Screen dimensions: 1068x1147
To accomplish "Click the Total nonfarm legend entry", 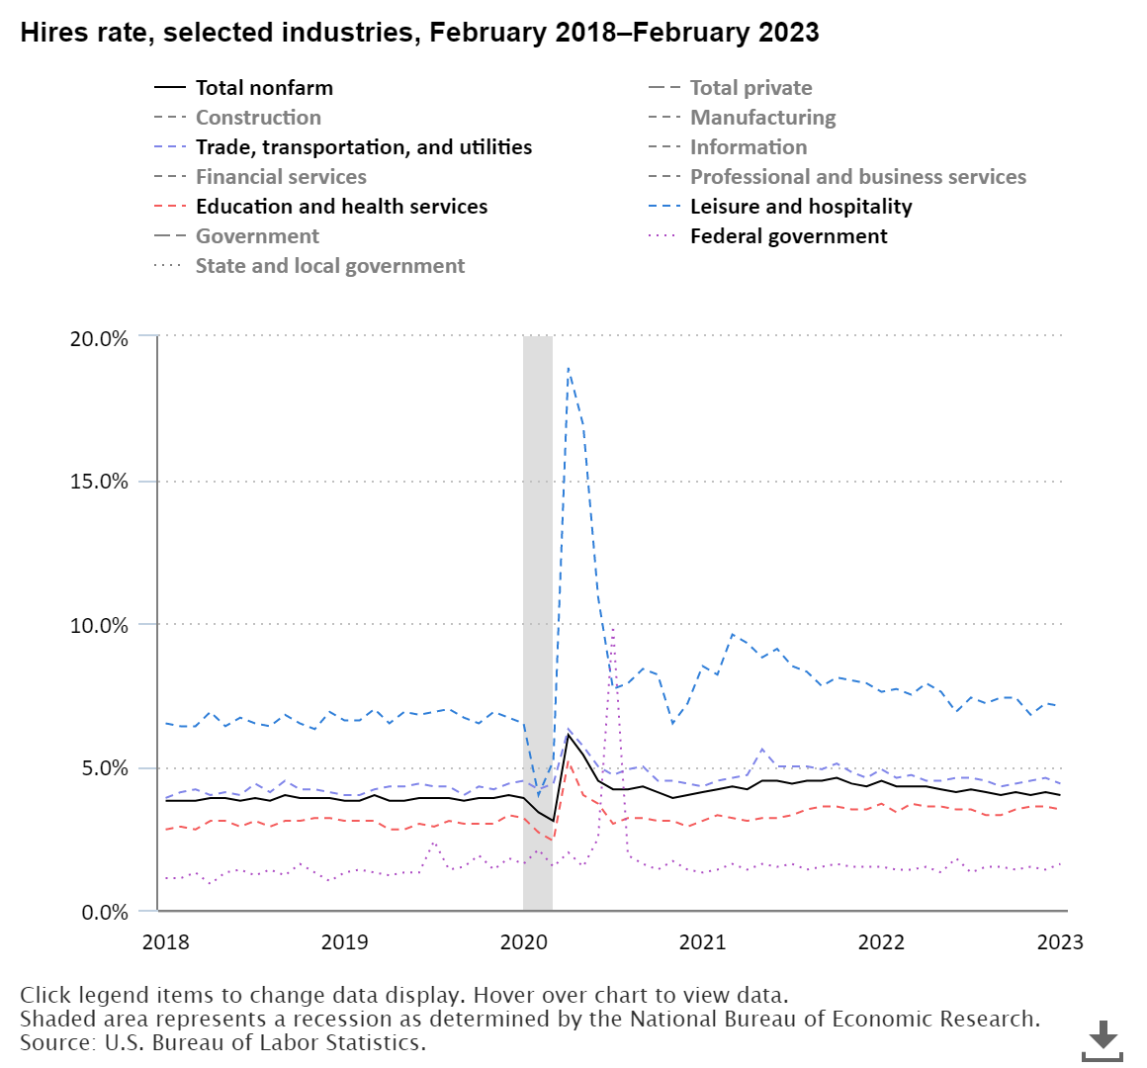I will pos(264,88).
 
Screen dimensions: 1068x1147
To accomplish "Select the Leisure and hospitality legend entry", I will pos(800,207).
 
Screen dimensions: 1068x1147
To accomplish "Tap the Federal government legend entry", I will pos(788,236).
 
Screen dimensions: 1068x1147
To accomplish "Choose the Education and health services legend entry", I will pos(341,207).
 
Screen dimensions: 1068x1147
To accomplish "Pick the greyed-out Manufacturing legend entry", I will pos(762,118).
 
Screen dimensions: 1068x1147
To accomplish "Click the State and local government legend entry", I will pos(329,266).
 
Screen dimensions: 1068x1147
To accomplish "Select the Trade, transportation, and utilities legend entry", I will pos(363,147).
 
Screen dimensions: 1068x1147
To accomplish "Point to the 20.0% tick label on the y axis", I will pos(99,338).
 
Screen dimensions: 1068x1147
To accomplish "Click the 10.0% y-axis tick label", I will pos(99,625).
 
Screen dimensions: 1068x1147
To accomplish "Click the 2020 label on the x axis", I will pos(524,941).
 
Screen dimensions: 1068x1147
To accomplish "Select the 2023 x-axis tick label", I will pos(1060,941).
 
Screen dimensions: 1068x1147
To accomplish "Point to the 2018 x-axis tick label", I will pos(166,941).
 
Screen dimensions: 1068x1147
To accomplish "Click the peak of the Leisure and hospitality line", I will pos(568,368).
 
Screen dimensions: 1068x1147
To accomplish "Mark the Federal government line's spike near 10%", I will pos(613,626).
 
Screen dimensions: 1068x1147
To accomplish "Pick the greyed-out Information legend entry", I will pos(748,147).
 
